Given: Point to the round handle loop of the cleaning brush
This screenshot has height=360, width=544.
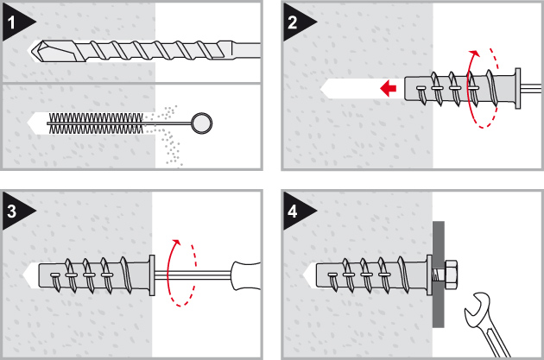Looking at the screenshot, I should pos(201,122).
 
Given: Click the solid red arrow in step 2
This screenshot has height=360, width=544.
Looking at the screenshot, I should pos(389,87).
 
